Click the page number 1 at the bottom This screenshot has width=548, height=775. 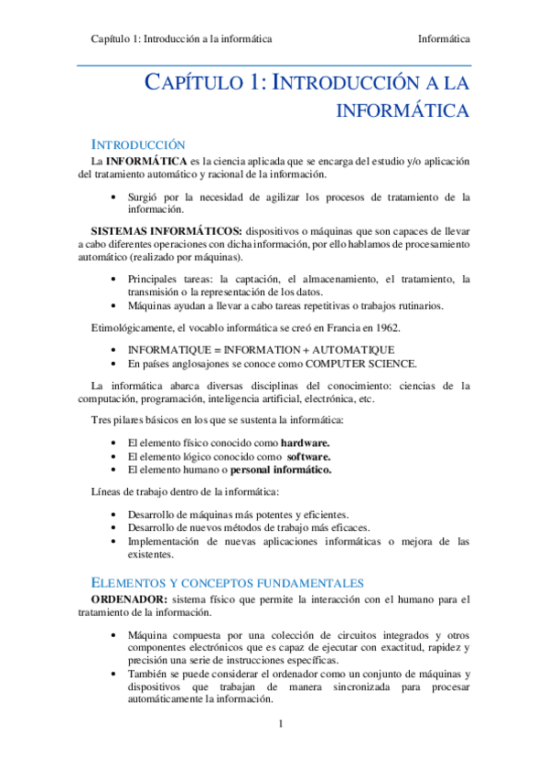[x=282, y=725]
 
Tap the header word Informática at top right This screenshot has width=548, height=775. [x=444, y=39]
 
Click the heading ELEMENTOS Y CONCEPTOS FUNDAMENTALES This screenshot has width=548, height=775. [x=228, y=582]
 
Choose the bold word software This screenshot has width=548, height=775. [x=309, y=456]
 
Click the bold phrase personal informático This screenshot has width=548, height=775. [x=282, y=470]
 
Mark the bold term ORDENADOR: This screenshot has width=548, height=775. [x=128, y=600]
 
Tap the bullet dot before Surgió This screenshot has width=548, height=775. [x=113, y=196]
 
